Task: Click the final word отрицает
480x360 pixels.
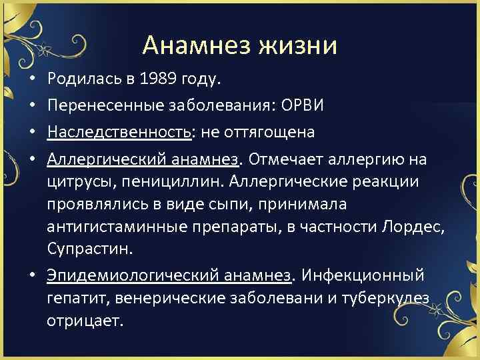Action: (x=85, y=320)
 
